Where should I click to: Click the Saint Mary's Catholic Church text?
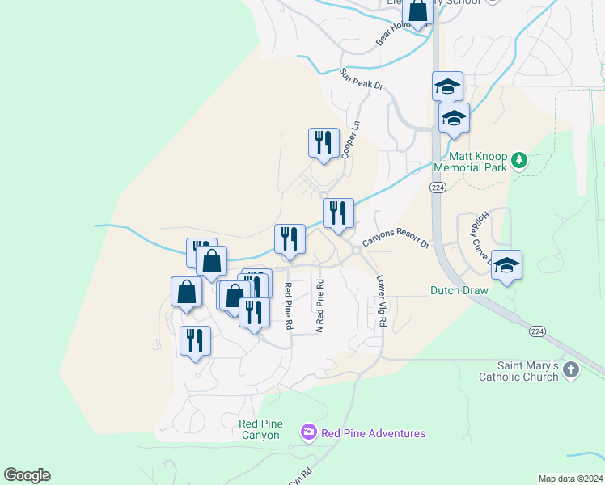(x=518, y=371)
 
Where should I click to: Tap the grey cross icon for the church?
(x=571, y=370)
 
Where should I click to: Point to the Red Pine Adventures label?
(x=373, y=433)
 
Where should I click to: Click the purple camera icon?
(x=308, y=433)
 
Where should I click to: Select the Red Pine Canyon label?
(x=260, y=429)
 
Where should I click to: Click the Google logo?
(x=27, y=475)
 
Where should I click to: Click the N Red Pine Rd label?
(x=319, y=306)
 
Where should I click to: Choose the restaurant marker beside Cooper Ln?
(x=324, y=143)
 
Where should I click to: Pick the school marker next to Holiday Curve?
(x=506, y=265)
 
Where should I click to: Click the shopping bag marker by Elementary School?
(x=418, y=12)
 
